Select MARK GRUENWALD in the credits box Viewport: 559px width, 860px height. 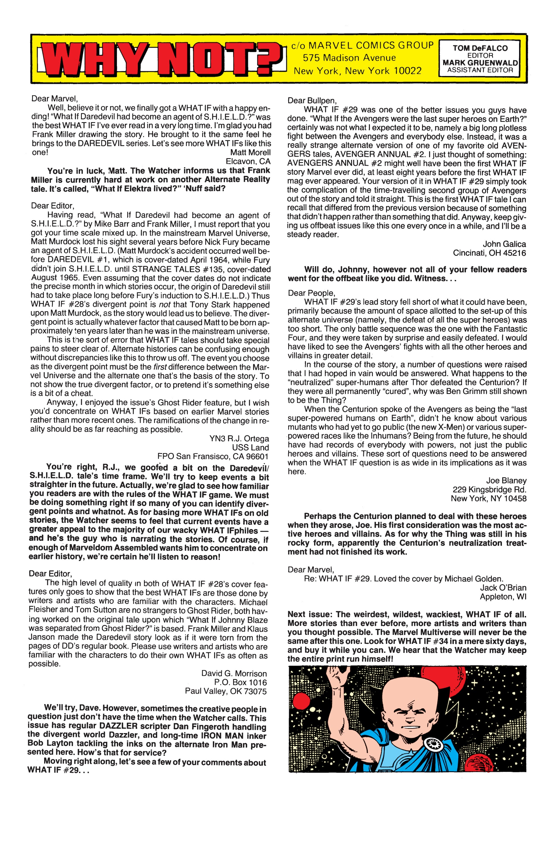click(480, 62)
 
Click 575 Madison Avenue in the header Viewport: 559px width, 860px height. click(349, 58)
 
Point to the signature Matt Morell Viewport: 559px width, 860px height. click(250, 153)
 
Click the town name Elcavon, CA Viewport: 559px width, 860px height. click(248, 162)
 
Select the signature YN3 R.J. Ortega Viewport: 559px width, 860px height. click(239, 439)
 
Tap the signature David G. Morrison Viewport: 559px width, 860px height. click(234, 673)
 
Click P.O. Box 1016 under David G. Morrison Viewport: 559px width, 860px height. click(240, 683)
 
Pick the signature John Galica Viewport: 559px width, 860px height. click(504, 244)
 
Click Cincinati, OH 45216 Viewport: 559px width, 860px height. click(489, 253)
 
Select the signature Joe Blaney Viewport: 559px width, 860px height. click(506, 481)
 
